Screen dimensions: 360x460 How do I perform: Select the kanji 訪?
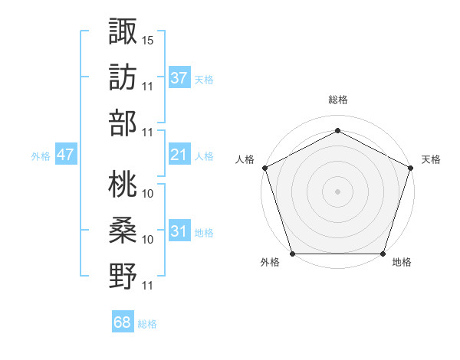click(123, 77)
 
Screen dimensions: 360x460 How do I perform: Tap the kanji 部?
click(123, 123)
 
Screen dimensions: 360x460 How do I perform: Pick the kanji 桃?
click(123, 184)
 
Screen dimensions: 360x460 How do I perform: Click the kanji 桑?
click(123, 230)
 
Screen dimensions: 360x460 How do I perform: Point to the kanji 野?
click(123, 276)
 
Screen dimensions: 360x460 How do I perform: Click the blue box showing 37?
click(179, 78)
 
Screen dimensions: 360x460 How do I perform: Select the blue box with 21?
click(179, 155)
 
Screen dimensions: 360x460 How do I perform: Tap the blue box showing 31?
click(179, 232)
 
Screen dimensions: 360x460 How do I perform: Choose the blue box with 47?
click(65, 155)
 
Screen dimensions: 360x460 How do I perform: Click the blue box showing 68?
click(122, 323)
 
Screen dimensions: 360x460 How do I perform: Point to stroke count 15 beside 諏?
click(148, 39)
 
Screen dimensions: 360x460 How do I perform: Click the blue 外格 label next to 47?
click(41, 156)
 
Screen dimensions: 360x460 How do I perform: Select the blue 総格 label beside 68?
click(147, 324)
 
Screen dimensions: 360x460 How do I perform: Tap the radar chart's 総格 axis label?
click(337, 100)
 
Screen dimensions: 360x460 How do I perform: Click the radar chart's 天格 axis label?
click(431, 159)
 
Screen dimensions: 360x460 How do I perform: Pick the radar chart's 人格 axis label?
click(245, 159)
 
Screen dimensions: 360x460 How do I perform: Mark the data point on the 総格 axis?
click(337, 130)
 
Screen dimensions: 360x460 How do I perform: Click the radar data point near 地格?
click(383, 254)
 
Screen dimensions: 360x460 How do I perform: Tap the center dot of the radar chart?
click(337, 191)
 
